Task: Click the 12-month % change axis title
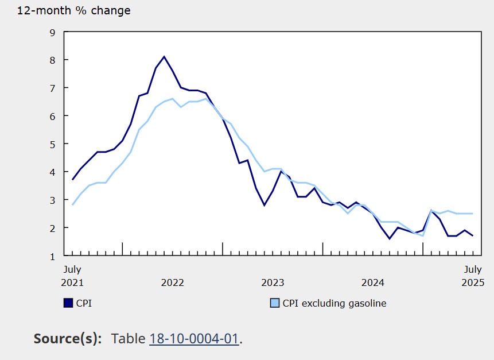(73, 11)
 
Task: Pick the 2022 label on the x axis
(172, 282)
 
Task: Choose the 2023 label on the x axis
(273, 282)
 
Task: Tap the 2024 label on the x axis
(373, 282)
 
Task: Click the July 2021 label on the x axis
(72, 276)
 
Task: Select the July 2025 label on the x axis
(473, 276)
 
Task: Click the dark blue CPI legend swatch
(68, 303)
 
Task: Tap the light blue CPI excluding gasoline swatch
(274, 303)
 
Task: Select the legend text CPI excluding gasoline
(334, 303)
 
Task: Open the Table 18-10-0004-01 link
(194, 339)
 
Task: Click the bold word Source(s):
(68, 339)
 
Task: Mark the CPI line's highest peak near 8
(164, 56)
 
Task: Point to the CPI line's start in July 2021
(72, 180)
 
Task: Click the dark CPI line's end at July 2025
(473, 236)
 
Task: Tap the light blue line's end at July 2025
(473, 214)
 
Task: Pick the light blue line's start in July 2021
(72, 205)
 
